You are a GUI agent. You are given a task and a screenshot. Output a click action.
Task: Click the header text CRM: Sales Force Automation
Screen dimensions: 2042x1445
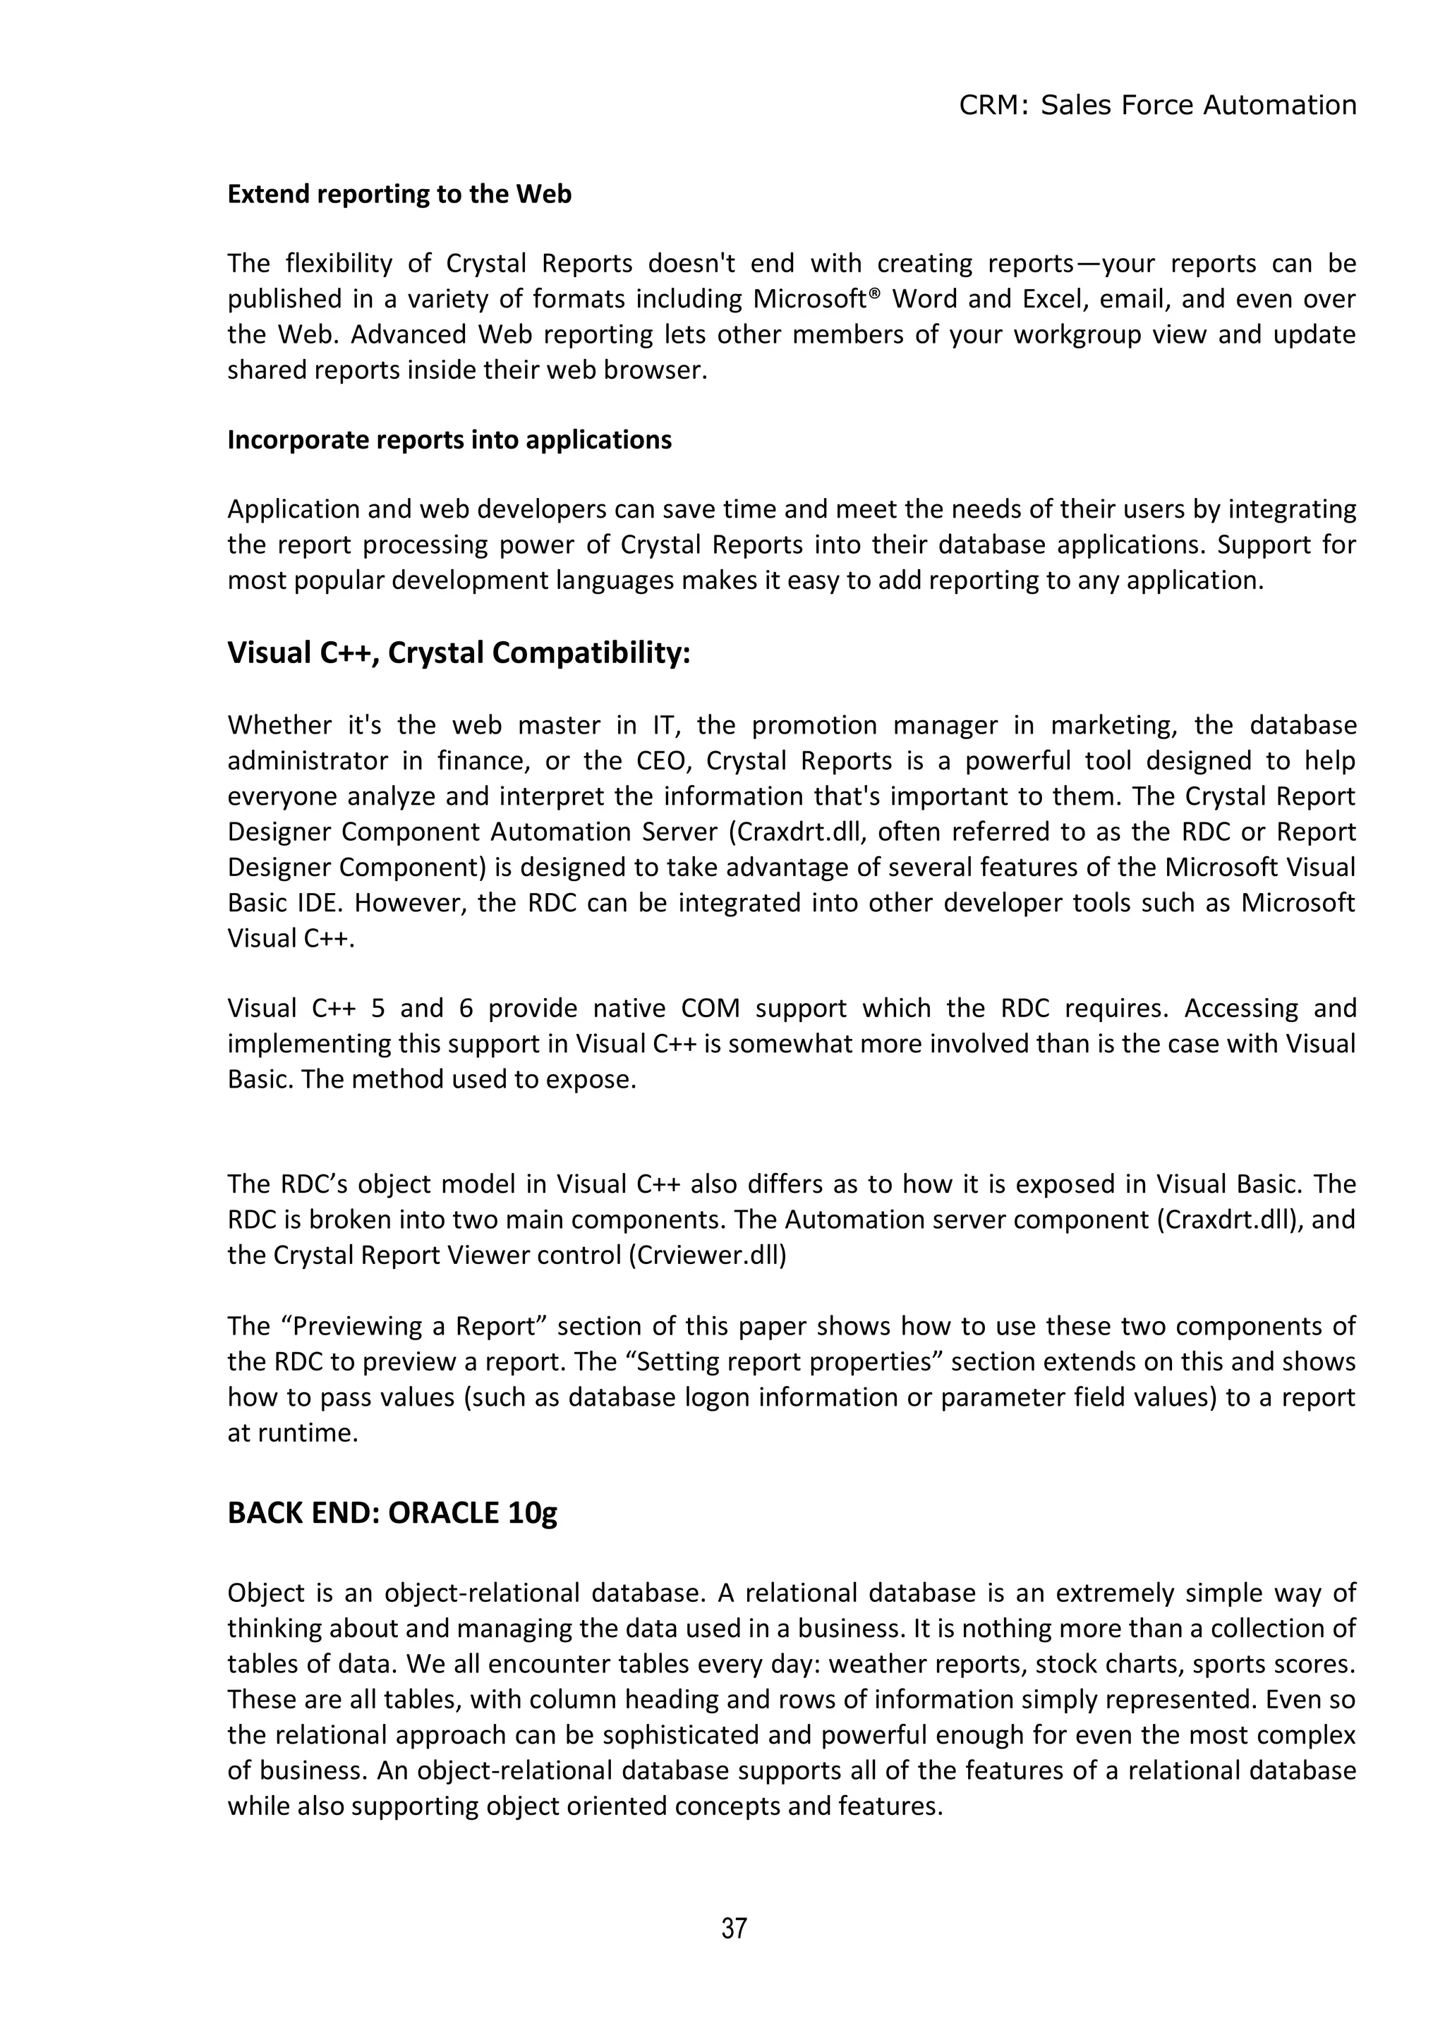pos(1158,106)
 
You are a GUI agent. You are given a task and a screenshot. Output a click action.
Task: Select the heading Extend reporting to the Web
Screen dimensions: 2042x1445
pos(399,194)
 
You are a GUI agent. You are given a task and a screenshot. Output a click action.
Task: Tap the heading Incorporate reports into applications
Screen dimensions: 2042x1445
pos(449,440)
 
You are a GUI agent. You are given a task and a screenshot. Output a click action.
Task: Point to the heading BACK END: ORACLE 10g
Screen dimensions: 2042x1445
pos(392,1513)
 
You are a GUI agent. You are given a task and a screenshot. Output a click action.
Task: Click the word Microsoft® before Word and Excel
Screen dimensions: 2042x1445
pos(816,299)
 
